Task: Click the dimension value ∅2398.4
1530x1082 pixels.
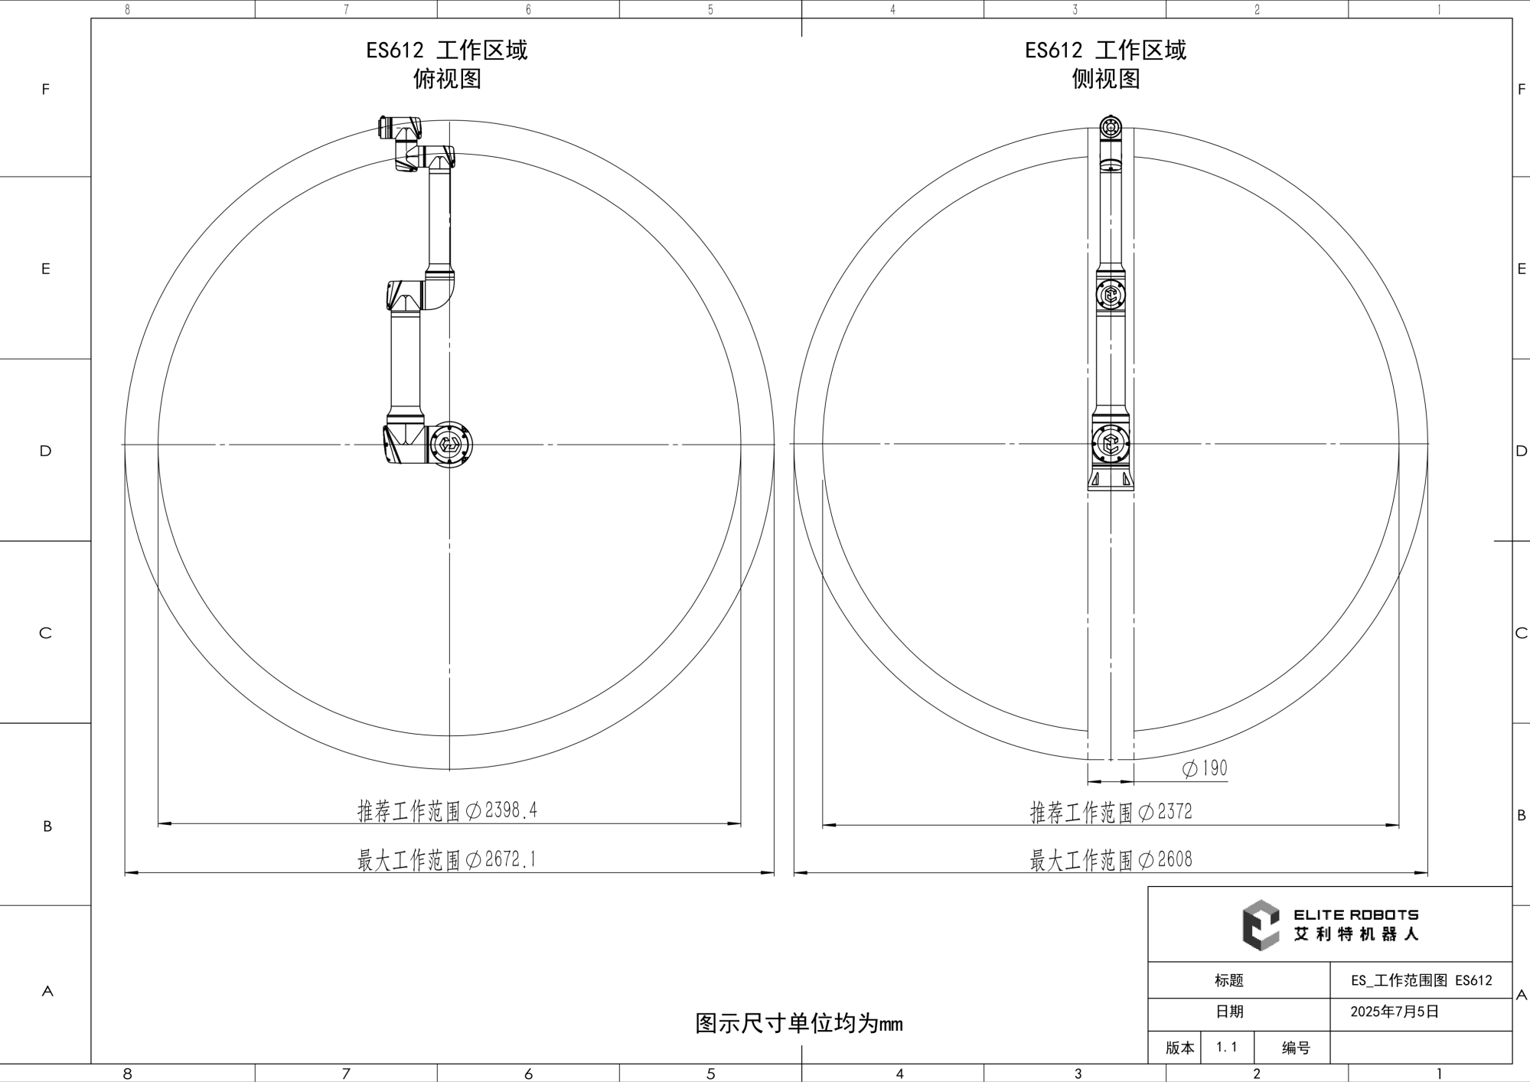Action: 501,810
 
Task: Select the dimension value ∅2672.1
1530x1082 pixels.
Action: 501,859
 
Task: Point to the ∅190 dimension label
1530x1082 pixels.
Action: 1205,768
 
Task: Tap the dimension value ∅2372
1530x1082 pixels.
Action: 1166,812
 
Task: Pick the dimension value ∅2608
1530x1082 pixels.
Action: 1166,859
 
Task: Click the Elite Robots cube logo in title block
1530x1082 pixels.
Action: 1260,925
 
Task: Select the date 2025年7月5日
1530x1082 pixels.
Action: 1395,1012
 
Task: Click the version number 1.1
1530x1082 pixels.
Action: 1227,1047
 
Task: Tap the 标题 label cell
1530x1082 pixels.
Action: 1229,980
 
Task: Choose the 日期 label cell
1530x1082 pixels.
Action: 1229,1012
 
